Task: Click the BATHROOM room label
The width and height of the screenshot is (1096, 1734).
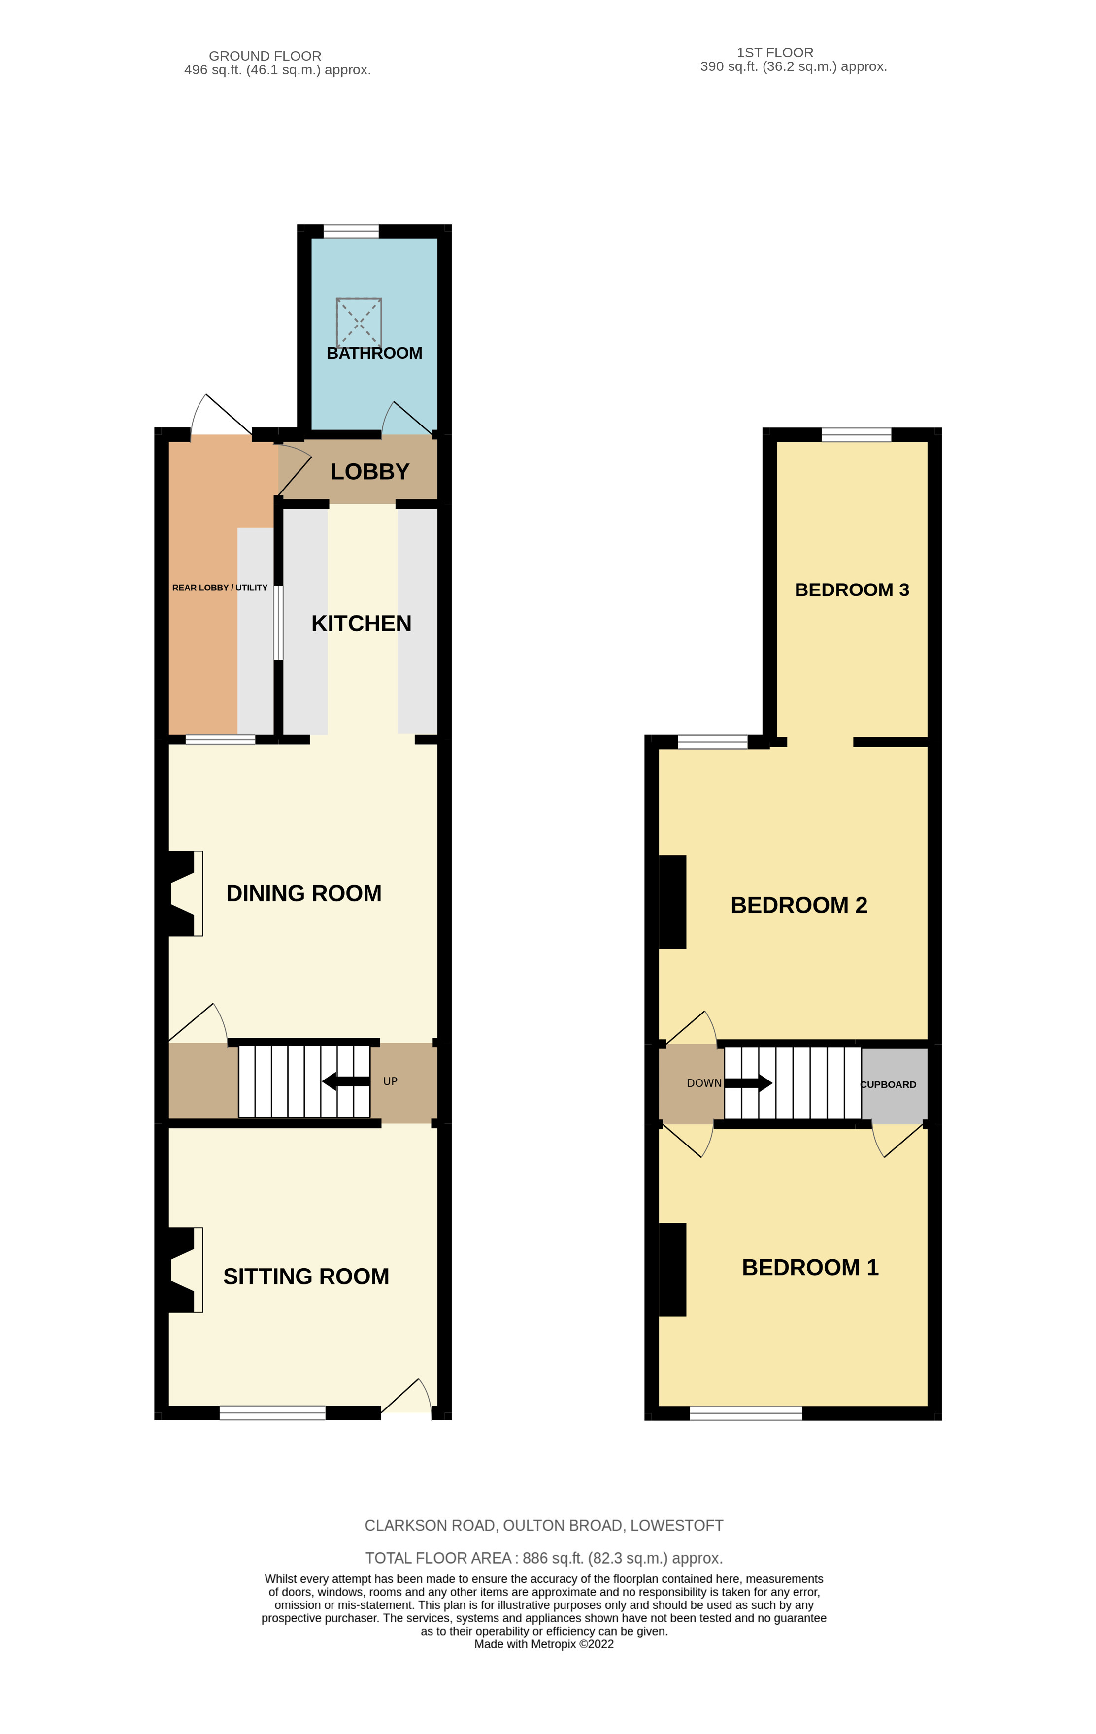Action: tap(374, 353)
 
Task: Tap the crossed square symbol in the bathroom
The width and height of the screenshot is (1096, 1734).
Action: tap(359, 322)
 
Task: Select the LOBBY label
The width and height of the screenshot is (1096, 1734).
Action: tap(369, 472)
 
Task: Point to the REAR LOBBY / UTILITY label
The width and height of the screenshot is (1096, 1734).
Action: tap(220, 588)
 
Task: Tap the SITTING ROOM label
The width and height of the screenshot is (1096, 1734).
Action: tap(306, 1276)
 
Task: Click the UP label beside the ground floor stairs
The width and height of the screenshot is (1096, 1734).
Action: tap(390, 1081)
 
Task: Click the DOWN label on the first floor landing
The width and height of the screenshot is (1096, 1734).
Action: tap(703, 1083)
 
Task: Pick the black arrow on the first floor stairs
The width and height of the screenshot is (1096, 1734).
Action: tap(748, 1083)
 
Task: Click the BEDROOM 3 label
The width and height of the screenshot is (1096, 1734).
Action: tap(852, 590)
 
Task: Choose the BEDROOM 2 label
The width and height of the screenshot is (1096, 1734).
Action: tap(798, 905)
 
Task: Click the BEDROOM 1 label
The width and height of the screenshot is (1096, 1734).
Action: tap(810, 1267)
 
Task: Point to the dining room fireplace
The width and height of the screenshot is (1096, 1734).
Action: tap(184, 894)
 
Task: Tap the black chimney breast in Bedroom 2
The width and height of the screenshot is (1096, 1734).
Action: tap(672, 902)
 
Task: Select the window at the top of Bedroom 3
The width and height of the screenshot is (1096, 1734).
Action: tap(856, 434)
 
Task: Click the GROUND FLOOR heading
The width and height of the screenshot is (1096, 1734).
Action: tap(265, 56)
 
